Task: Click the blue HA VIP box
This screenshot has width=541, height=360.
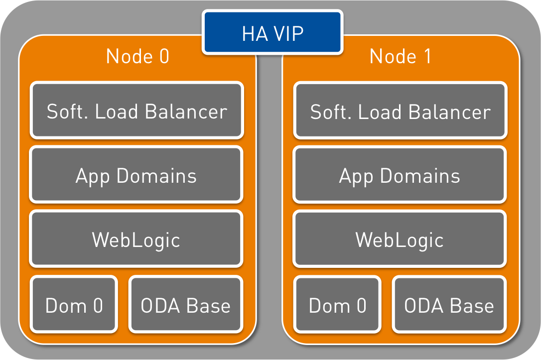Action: tap(272, 32)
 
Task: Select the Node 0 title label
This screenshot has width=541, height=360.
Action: tap(137, 57)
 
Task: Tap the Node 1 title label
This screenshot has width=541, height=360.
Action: tap(400, 57)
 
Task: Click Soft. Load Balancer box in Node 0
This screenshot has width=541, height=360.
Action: tap(137, 111)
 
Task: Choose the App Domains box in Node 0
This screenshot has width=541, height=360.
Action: tap(136, 175)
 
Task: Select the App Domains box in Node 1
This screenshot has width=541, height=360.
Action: tap(400, 175)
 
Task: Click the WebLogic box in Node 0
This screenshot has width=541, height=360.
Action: tap(136, 239)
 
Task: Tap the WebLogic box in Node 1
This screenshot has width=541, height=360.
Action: tap(400, 239)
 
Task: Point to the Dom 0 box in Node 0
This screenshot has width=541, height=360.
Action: tap(74, 304)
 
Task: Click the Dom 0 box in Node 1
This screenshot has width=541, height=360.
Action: tap(337, 304)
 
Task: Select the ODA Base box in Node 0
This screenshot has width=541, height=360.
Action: tap(186, 304)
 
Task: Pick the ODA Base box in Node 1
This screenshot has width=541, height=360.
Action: tap(449, 304)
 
